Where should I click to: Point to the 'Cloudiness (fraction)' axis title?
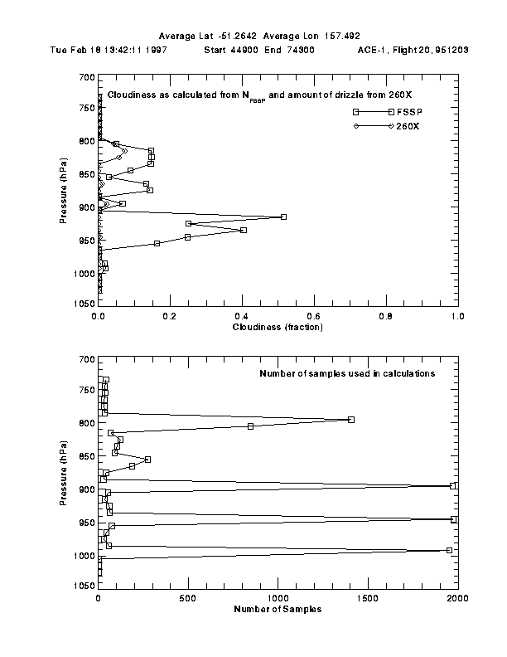coord(278,327)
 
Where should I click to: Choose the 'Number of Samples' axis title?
coord(278,609)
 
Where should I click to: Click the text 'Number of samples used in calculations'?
coord(347,373)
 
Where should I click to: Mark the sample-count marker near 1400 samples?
coord(351,420)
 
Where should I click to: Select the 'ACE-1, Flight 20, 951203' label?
coord(413,50)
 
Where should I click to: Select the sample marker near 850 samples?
coord(250,426)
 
